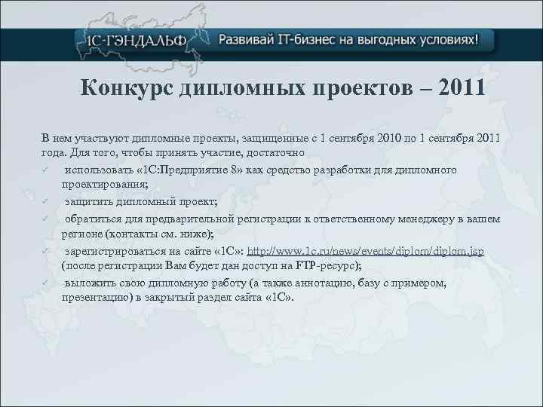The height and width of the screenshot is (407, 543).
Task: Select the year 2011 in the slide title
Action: pos(459,90)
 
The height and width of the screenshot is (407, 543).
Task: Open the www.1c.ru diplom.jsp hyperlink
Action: pos(366,252)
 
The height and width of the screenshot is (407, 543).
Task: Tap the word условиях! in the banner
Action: pos(446,39)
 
